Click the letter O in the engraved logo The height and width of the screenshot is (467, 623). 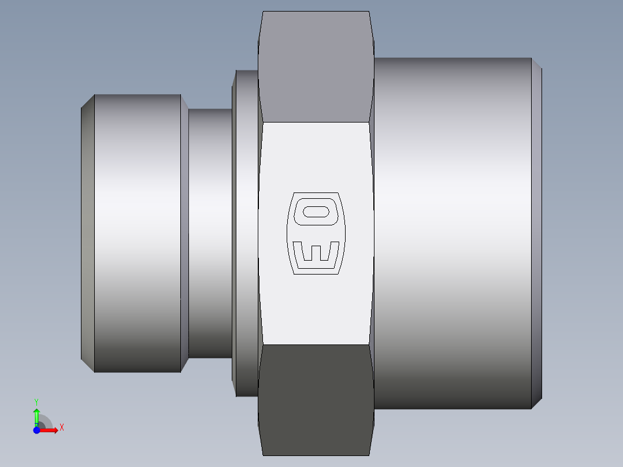[x=316, y=211]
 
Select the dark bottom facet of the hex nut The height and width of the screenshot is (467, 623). [x=316, y=399]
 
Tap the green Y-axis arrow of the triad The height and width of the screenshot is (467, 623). [x=36, y=414]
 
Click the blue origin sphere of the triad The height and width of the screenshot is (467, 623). [x=36, y=430]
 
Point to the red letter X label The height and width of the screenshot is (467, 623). [x=62, y=428]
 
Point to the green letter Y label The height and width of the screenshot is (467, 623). [x=36, y=401]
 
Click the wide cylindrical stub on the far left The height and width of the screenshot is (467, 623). [x=138, y=231]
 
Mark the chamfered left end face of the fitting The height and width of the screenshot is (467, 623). [x=87, y=231]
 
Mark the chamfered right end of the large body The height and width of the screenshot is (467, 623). [x=536, y=231]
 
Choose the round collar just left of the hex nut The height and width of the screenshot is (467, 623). [x=246, y=231]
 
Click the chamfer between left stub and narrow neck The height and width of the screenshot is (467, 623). [x=184, y=231]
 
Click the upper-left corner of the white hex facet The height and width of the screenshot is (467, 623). [x=263, y=123]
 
